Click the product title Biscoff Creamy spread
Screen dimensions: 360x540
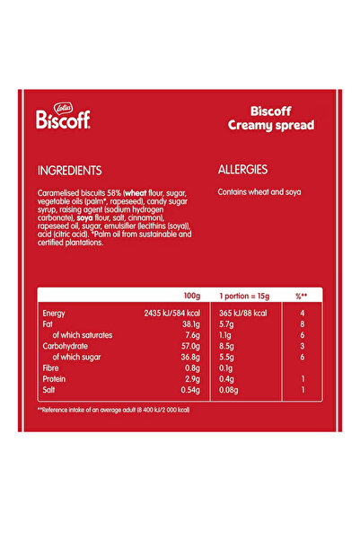coord(270,119)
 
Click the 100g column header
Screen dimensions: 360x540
coord(191,295)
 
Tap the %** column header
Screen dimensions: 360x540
coord(302,295)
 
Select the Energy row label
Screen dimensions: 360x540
coord(55,313)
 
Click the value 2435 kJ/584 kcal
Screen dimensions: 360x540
coord(171,313)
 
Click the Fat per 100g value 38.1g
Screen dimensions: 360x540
coord(189,323)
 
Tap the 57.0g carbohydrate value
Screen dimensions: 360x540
coord(189,346)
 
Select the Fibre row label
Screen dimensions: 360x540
coord(52,368)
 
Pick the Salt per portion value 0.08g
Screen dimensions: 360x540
coord(230,391)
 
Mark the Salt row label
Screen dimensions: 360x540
coord(50,391)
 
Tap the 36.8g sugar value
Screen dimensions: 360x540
coord(189,357)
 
